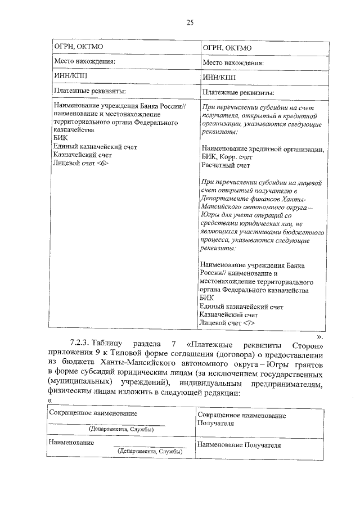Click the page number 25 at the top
(190, 22)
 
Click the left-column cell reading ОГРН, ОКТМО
(78, 46)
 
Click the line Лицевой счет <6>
(80, 163)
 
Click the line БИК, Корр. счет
(230, 157)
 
